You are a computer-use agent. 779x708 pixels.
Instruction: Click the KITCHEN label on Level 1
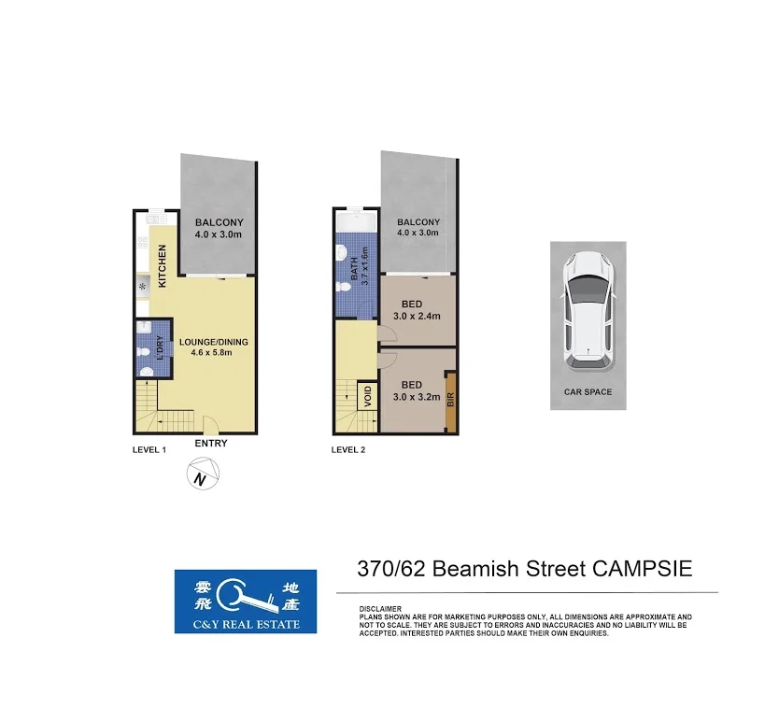[x=163, y=265]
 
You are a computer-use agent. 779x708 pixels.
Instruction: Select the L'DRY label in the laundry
[x=160, y=347]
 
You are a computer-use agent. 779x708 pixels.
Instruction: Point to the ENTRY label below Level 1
[x=211, y=444]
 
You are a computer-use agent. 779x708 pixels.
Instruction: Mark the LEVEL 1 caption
[x=149, y=449]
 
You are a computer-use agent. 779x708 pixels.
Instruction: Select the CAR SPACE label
[x=588, y=392]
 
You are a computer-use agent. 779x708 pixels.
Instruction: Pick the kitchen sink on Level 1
[x=143, y=286]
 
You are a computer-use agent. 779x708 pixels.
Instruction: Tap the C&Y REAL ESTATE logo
[x=245, y=602]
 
